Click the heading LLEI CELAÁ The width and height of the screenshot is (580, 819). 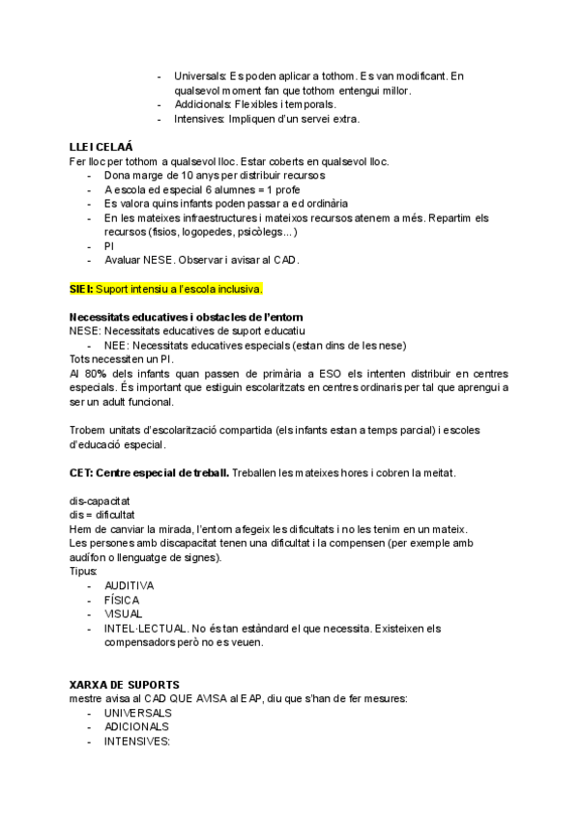pyautogui.click(x=101, y=146)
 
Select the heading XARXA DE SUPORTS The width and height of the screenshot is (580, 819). pyautogui.click(x=125, y=685)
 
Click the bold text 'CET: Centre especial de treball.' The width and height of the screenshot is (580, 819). pyautogui.click(x=150, y=472)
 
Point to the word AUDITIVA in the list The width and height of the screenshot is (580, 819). pyautogui.click(x=129, y=586)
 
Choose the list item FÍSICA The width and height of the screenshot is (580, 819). pyautogui.click(x=122, y=600)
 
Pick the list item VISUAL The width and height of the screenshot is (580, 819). pyautogui.click(x=123, y=614)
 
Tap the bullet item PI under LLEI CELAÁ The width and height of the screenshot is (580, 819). pyautogui.click(x=109, y=246)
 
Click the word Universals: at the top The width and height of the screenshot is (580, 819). pyautogui.click(x=200, y=76)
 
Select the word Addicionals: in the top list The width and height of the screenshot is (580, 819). pyautogui.click(x=203, y=104)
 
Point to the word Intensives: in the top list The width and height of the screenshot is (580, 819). pyautogui.click(x=200, y=119)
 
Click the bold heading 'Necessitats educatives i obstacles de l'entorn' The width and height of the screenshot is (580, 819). pyautogui.click(x=187, y=318)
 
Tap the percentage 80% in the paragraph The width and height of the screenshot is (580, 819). pyautogui.click(x=94, y=373)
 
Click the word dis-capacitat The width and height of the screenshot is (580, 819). pyautogui.click(x=101, y=502)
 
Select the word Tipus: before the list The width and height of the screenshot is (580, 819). pyautogui.click(x=84, y=572)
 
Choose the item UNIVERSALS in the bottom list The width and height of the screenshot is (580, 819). pyautogui.click(x=138, y=712)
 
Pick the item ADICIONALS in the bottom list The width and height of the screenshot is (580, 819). pyautogui.click(x=136, y=726)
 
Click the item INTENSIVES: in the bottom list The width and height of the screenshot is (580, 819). pyautogui.click(x=137, y=741)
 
